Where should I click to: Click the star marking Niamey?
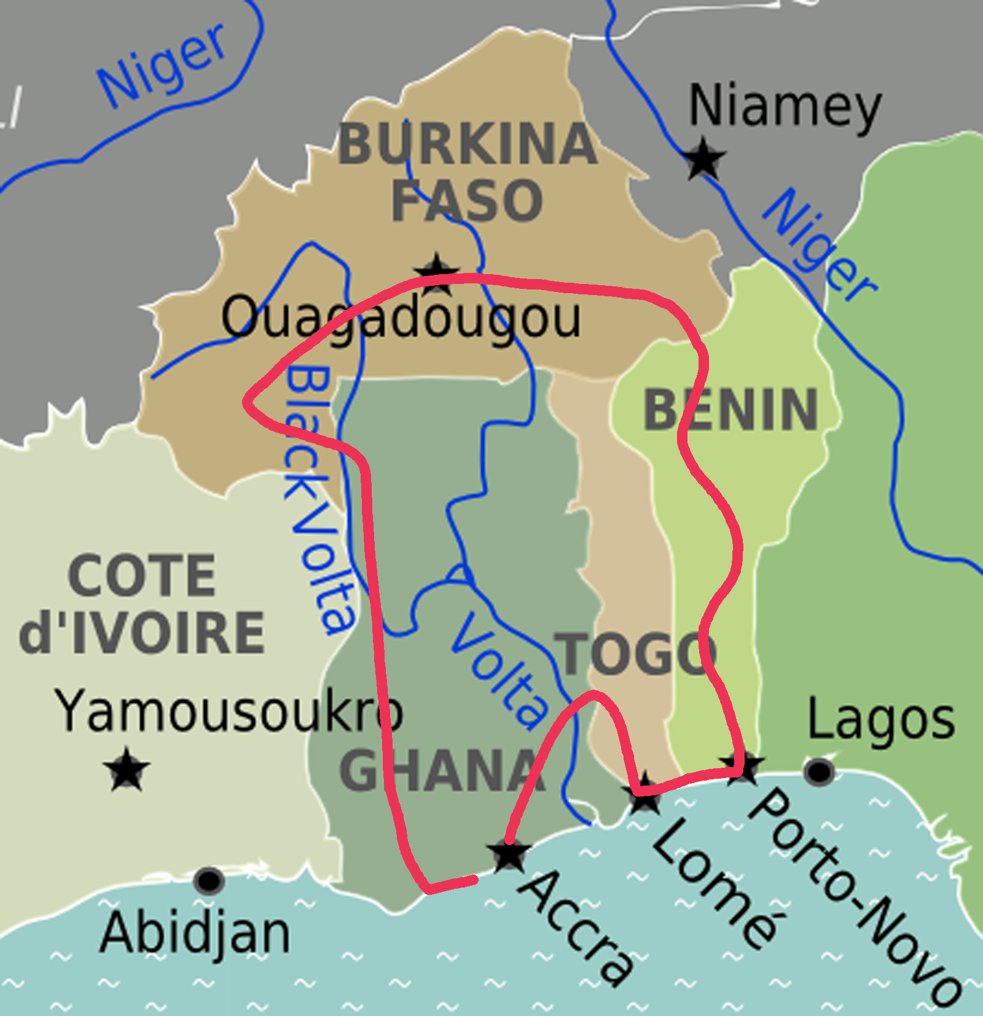(704, 158)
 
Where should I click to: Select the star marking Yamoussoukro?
(127, 769)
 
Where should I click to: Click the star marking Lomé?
(643, 794)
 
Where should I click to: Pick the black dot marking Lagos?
(819, 771)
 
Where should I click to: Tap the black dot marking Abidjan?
(209, 880)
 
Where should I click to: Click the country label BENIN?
(730, 410)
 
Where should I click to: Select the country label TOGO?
(635, 654)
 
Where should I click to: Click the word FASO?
(467, 200)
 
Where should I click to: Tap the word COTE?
(142, 576)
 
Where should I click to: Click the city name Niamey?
(785, 108)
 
